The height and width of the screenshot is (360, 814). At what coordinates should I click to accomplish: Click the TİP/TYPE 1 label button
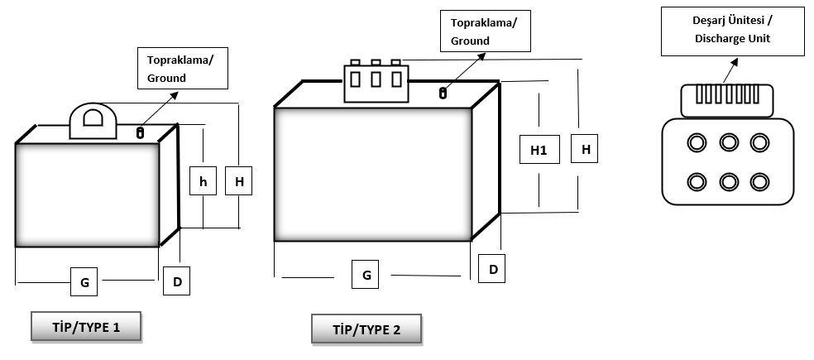(86, 327)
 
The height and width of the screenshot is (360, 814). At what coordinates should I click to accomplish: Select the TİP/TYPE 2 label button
(366, 329)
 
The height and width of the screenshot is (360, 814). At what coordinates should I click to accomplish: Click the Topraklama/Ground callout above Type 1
(184, 69)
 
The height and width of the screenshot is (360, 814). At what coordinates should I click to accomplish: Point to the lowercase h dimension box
(203, 181)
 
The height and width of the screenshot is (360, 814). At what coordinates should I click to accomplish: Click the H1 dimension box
(539, 150)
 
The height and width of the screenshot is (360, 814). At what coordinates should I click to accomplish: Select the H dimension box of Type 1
(240, 181)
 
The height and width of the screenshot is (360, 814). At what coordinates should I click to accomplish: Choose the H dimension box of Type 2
(586, 150)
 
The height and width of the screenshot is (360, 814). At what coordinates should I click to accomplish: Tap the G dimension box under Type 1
(84, 281)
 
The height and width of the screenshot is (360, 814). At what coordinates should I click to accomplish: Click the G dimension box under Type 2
(366, 274)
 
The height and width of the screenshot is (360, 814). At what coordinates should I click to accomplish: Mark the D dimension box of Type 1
(177, 281)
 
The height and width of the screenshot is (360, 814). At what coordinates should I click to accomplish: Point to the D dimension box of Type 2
(493, 269)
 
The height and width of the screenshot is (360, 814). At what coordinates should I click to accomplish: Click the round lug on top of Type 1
(90, 121)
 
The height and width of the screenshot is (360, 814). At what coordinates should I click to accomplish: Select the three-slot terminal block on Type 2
(376, 81)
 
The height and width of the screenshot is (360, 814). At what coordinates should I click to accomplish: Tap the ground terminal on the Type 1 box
(140, 132)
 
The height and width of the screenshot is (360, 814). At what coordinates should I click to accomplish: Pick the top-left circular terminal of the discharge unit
(697, 142)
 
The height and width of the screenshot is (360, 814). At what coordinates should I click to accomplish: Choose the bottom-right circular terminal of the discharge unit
(759, 180)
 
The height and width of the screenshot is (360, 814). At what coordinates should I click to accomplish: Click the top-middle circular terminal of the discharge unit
(728, 142)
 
